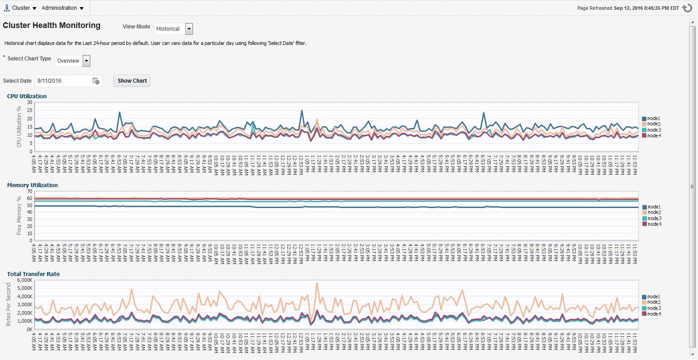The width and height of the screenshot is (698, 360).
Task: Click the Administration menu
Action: click(62, 8)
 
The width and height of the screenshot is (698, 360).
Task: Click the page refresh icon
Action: click(687, 8)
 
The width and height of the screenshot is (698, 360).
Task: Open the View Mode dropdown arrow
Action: click(189, 29)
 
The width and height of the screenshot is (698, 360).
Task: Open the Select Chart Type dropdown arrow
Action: click(86, 61)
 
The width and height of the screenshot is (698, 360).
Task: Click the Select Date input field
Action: click(62, 81)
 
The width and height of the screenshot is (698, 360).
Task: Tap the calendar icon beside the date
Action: click(96, 81)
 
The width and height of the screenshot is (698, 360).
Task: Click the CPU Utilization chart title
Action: click(27, 96)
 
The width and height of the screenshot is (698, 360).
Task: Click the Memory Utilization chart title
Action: click(32, 185)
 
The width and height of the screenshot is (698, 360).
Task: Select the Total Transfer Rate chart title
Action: click(33, 274)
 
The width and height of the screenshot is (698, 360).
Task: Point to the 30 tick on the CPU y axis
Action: click(30, 103)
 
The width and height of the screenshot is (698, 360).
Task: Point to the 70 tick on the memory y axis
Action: click(30, 192)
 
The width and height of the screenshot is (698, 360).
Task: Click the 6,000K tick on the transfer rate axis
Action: click(25, 280)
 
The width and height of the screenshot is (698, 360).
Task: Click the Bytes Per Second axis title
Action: click(8, 304)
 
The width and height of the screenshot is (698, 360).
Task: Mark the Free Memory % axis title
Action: click(19, 216)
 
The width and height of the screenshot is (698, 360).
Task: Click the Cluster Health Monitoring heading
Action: click(52, 25)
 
